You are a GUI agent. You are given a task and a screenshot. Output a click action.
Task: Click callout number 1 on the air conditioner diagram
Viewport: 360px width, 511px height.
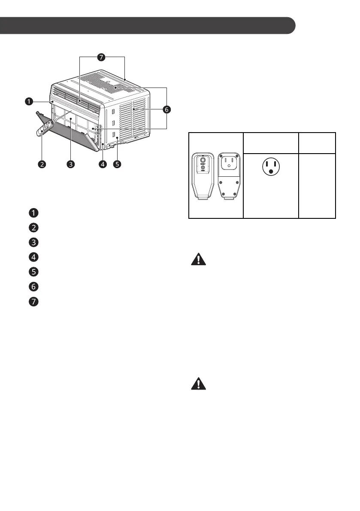pyautogui.click(x=28, y=102)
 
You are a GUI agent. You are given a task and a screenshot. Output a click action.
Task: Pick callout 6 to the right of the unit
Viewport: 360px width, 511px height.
pyautogui.click(x=166, y=110)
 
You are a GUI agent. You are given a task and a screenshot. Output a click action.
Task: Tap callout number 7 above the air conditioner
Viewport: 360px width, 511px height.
pyautogui.click(x=101, y=57)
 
